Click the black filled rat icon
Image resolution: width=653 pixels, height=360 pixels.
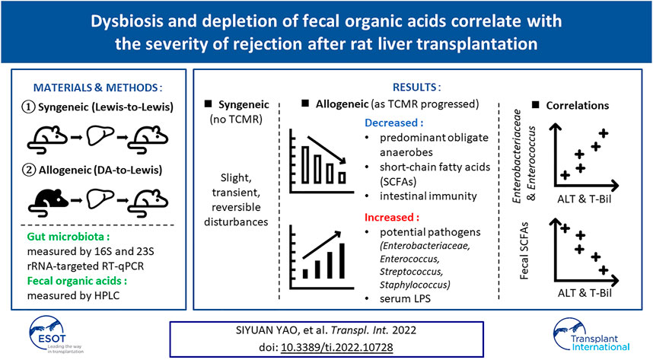click(48, 202)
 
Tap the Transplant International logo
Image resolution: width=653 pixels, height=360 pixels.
click(592, 335)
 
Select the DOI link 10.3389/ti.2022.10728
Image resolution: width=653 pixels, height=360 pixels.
click(337, 347)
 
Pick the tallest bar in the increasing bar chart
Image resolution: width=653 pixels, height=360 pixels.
click(342, 261)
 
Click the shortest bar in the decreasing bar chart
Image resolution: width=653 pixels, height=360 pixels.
click(342, 178)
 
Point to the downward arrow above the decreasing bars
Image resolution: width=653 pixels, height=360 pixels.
click(326, 150)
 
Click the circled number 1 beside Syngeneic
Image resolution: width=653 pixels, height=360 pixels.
click(28, 107)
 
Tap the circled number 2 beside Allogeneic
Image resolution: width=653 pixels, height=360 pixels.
click(29, 170)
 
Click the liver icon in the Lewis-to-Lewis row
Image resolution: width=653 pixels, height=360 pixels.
click(100, 135)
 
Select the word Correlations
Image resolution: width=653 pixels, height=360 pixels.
click(577, 106)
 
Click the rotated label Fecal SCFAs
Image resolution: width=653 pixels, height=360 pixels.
click(524, 250)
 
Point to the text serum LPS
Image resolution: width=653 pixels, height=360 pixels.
click(405, 299)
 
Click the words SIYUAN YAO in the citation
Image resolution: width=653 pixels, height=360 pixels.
click(262, 330)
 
